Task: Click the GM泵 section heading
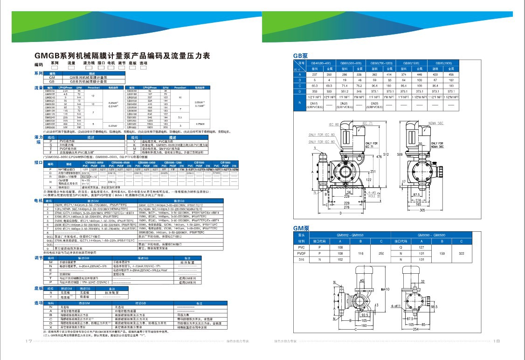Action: tap(301, 228)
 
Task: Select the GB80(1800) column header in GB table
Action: tap(444, 62)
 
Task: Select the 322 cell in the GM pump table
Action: tap(461, 253)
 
